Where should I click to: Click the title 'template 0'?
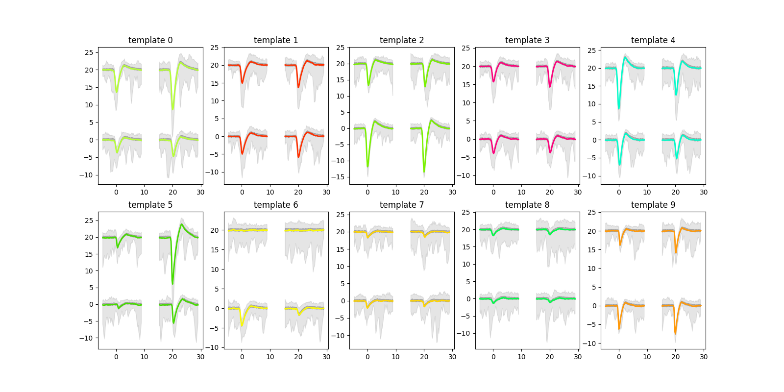(150, 40)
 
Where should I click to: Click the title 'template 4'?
(653, 40)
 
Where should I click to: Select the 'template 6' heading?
(276, 205)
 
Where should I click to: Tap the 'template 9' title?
(653, 205)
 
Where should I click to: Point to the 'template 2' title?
(401, 40)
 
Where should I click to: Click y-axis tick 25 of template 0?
(89, 52)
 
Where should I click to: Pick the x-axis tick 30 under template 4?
(704, 192)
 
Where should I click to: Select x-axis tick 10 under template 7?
(395, 357)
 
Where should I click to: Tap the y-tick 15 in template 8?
(466, 247)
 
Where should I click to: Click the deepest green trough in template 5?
(172, 283)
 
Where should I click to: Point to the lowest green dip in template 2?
(424, 171)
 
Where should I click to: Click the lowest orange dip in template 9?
(675, 334)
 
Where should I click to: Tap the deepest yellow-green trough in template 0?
(172, 109)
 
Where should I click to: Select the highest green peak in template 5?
(182, 224)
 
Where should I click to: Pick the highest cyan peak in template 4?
(625, 57)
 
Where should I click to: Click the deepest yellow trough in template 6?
(242, 325)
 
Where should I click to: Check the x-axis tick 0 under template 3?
(493, 192)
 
